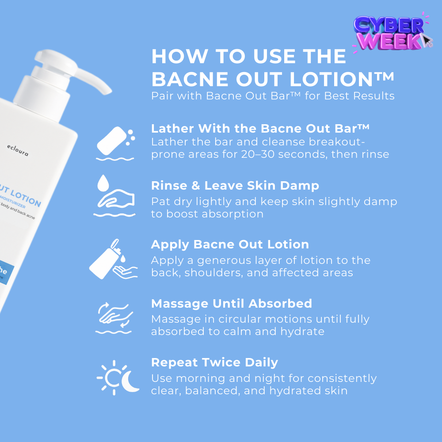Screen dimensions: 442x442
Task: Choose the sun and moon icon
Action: pos(118,377)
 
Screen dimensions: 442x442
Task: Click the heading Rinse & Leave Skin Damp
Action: pos(235,186)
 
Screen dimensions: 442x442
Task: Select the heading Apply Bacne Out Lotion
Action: pos(230,244)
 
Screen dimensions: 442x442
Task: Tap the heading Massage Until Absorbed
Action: pos(231,304)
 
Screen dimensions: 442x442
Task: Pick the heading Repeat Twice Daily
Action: pos(214,362)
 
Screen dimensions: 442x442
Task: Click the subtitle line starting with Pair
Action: pos(272,96)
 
